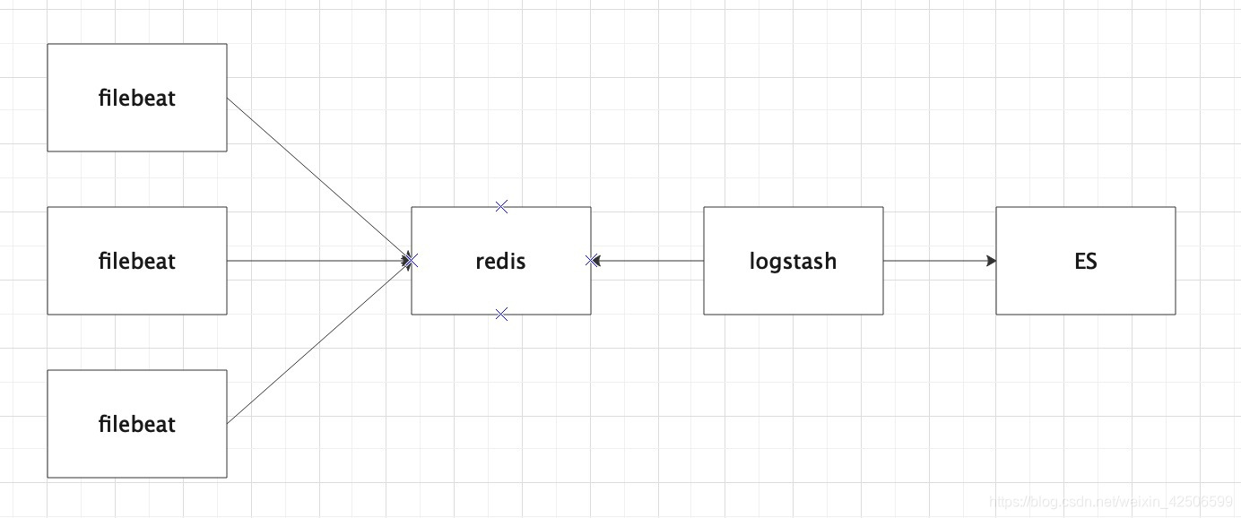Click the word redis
click(x=501, y=261)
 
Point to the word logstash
click(x=793, y=261)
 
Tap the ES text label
click(x=1085, y=262)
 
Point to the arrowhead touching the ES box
click(x=991, y=261)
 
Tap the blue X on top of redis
click(x=501, y=207)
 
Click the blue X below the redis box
click(x=501, y=314)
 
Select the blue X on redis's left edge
click(x=412, y=261)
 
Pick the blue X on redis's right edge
click(x=591, y=261)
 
